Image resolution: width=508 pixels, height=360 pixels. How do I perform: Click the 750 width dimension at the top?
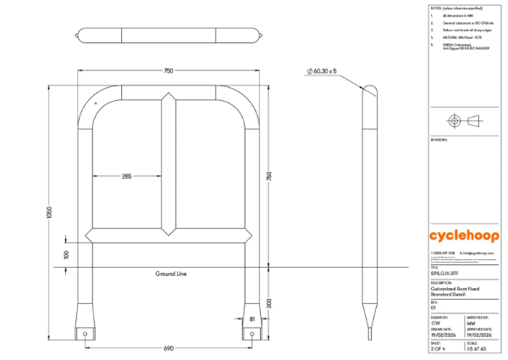(169, 71)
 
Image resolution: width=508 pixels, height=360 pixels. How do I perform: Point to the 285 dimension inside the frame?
(126, 176)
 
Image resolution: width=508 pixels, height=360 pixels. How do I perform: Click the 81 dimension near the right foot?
(252, 318)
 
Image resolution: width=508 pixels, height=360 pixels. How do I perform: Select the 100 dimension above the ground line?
(66, 254)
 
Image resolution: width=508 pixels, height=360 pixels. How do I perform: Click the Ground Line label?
(170, 274)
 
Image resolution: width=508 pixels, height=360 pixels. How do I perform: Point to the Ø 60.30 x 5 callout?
(323, 71)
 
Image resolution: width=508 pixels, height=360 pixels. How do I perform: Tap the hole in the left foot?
(86, 334)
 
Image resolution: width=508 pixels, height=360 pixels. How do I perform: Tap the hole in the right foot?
(252, 334)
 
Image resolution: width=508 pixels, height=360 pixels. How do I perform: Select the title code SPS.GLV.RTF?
(444, 274)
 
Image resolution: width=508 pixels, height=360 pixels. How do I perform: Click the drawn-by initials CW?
(435, 323)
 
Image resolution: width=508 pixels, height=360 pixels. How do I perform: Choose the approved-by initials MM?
(470, 323)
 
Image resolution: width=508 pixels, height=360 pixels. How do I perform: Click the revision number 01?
(433, 309)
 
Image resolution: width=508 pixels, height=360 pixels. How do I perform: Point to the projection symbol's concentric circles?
(454, 120)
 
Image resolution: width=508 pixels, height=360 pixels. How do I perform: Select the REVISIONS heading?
(439, 140)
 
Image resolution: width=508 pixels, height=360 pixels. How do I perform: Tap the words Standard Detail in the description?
(449, 295)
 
